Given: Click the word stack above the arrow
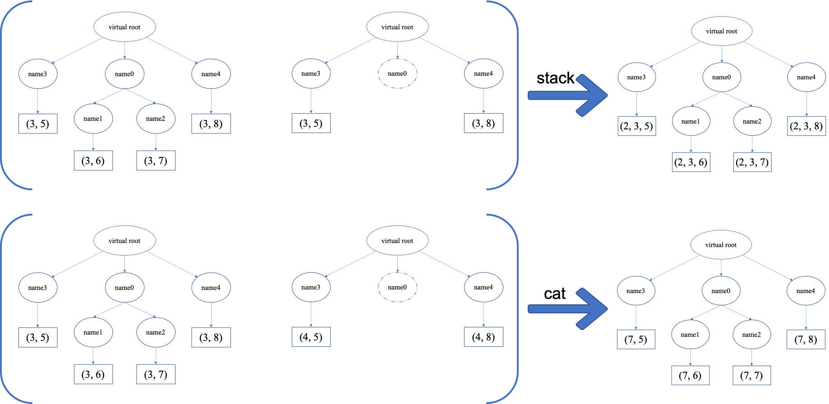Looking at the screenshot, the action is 555,78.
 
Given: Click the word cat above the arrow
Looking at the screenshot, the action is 554,294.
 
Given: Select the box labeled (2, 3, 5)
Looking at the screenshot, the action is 636,126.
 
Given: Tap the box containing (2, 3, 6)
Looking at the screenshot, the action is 691,162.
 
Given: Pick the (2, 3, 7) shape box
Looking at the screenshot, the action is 752,162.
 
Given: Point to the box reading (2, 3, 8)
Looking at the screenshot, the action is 806,126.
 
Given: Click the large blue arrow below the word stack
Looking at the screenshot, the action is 567,95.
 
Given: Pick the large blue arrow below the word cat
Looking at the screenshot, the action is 567,309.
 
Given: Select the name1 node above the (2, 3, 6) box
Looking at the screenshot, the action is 691,121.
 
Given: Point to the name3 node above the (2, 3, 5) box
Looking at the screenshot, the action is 636,77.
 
